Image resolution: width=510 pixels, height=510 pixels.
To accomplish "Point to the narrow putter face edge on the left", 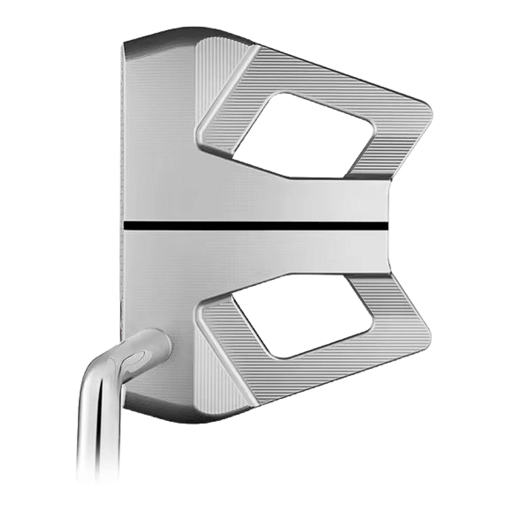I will (x=122, y=185).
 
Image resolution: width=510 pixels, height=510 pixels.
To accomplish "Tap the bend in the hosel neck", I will (x=111, y=362).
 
